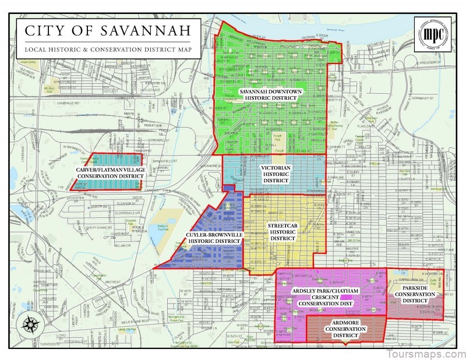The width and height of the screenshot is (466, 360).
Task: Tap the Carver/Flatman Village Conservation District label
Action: click(110, 172)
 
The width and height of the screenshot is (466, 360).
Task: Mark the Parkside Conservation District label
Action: click(415, 298)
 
